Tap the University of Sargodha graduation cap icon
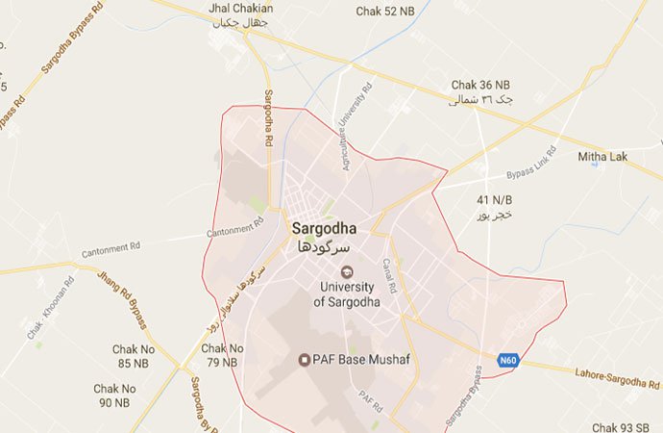pos(347,271)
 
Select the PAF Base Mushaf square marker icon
pos(305,361)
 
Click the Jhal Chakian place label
pos(240,9)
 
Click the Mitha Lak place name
pos(602,156)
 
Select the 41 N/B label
pos(490,199)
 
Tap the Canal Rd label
pos(390,272)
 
